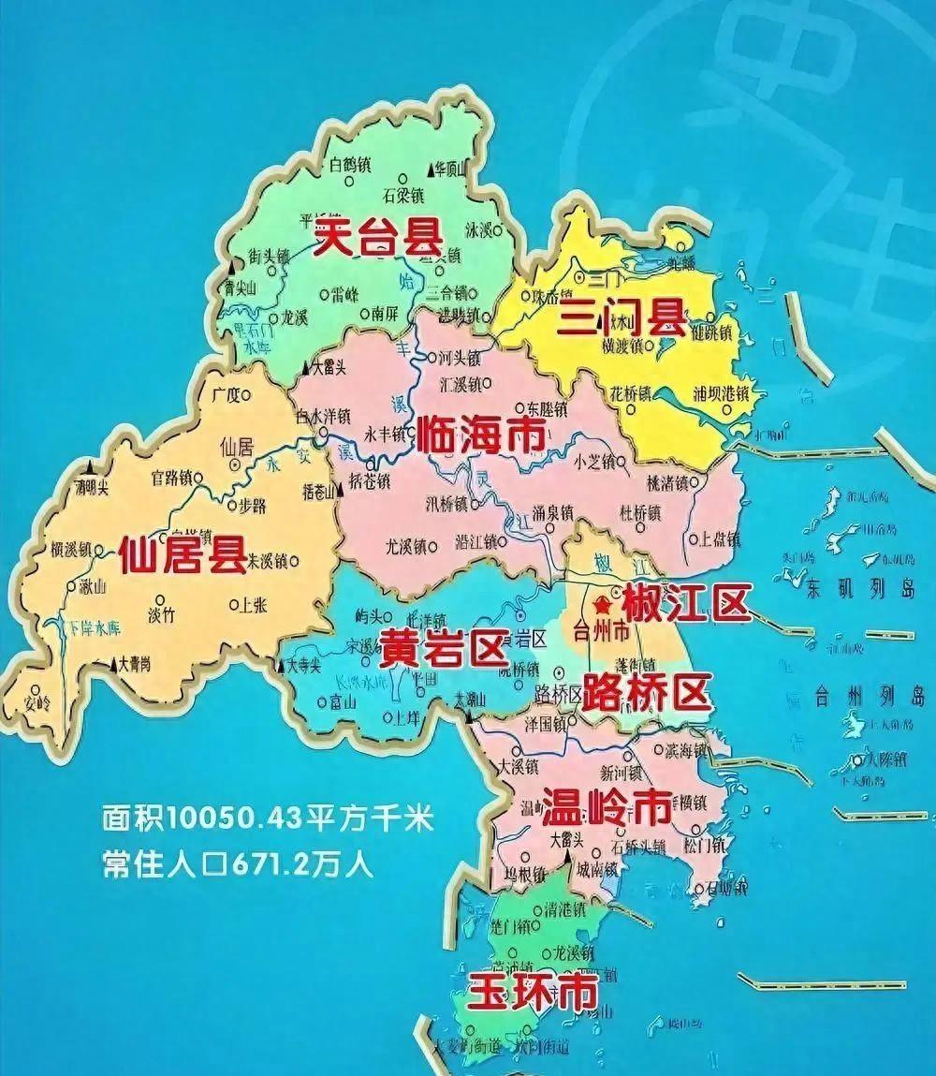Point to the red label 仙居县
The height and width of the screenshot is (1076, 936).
point(183,553)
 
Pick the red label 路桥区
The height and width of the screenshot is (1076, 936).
point(645,693)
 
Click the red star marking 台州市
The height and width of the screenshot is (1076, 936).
point(601,608)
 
